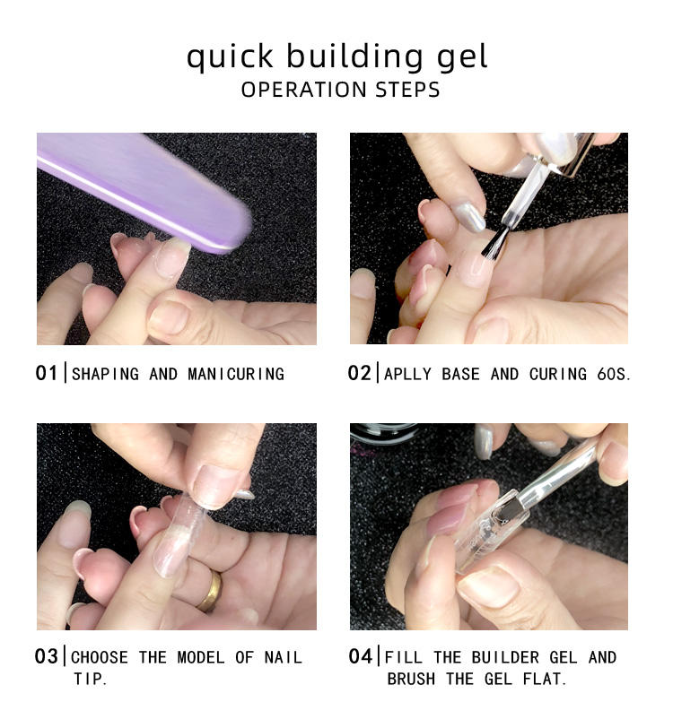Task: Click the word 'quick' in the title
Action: [230, 57]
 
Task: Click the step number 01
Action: [46, 373]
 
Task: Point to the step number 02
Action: [359, 373]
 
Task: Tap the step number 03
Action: [46, 656]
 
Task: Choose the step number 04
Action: [360, 656]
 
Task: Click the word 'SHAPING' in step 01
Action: [105, 374]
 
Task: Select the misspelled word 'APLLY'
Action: [407, 374]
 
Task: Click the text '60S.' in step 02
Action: [614, 374]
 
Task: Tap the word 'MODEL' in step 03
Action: [201, 657]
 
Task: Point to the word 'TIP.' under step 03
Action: [91, 679]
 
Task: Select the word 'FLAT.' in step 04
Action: [545, 679]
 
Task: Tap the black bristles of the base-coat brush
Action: [495, 244]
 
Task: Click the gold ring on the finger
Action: [211, 591]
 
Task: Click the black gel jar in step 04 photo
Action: [383, 433]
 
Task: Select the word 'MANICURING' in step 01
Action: [236, 374]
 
